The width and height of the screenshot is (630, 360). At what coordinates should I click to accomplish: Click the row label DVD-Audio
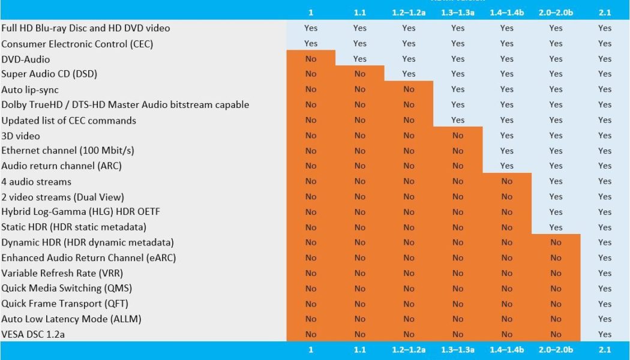[x=26, y=59]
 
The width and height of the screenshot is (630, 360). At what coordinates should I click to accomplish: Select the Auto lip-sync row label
[x=30, y=89]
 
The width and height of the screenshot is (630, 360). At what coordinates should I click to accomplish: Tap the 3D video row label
[x=21, y=136]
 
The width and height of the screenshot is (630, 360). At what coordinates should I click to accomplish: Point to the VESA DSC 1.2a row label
[x=33, y=334]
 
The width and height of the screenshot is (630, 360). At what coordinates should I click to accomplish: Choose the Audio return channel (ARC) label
[x=62, y=166]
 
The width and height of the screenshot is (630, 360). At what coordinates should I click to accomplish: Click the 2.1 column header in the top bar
[x=605, y=12]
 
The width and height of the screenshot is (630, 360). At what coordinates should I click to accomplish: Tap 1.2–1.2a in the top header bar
[x=409, y=12]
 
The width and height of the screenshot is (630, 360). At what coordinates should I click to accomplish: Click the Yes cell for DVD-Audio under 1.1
[x=359, y=59]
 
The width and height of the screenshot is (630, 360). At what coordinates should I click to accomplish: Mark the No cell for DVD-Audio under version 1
[x=311, y=59]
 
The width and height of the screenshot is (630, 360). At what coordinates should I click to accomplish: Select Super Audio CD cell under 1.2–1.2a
[x=409, y=74]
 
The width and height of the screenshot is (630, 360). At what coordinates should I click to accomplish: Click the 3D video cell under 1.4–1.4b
[x=507, y=136]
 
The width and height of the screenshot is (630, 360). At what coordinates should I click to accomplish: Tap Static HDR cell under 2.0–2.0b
[x=556, y=227]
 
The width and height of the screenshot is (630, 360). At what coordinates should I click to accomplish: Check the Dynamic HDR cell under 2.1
[x=605, y=242]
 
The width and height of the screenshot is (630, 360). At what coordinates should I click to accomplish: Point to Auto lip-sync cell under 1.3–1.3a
[x=458, y=89]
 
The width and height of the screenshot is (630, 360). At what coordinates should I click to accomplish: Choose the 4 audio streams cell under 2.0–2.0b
[x=556, y=181]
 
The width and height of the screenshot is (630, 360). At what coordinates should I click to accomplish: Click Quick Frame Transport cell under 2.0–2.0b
[x=556, y=304]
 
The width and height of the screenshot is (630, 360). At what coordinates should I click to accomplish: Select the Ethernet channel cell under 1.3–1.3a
[x=458, y=151]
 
